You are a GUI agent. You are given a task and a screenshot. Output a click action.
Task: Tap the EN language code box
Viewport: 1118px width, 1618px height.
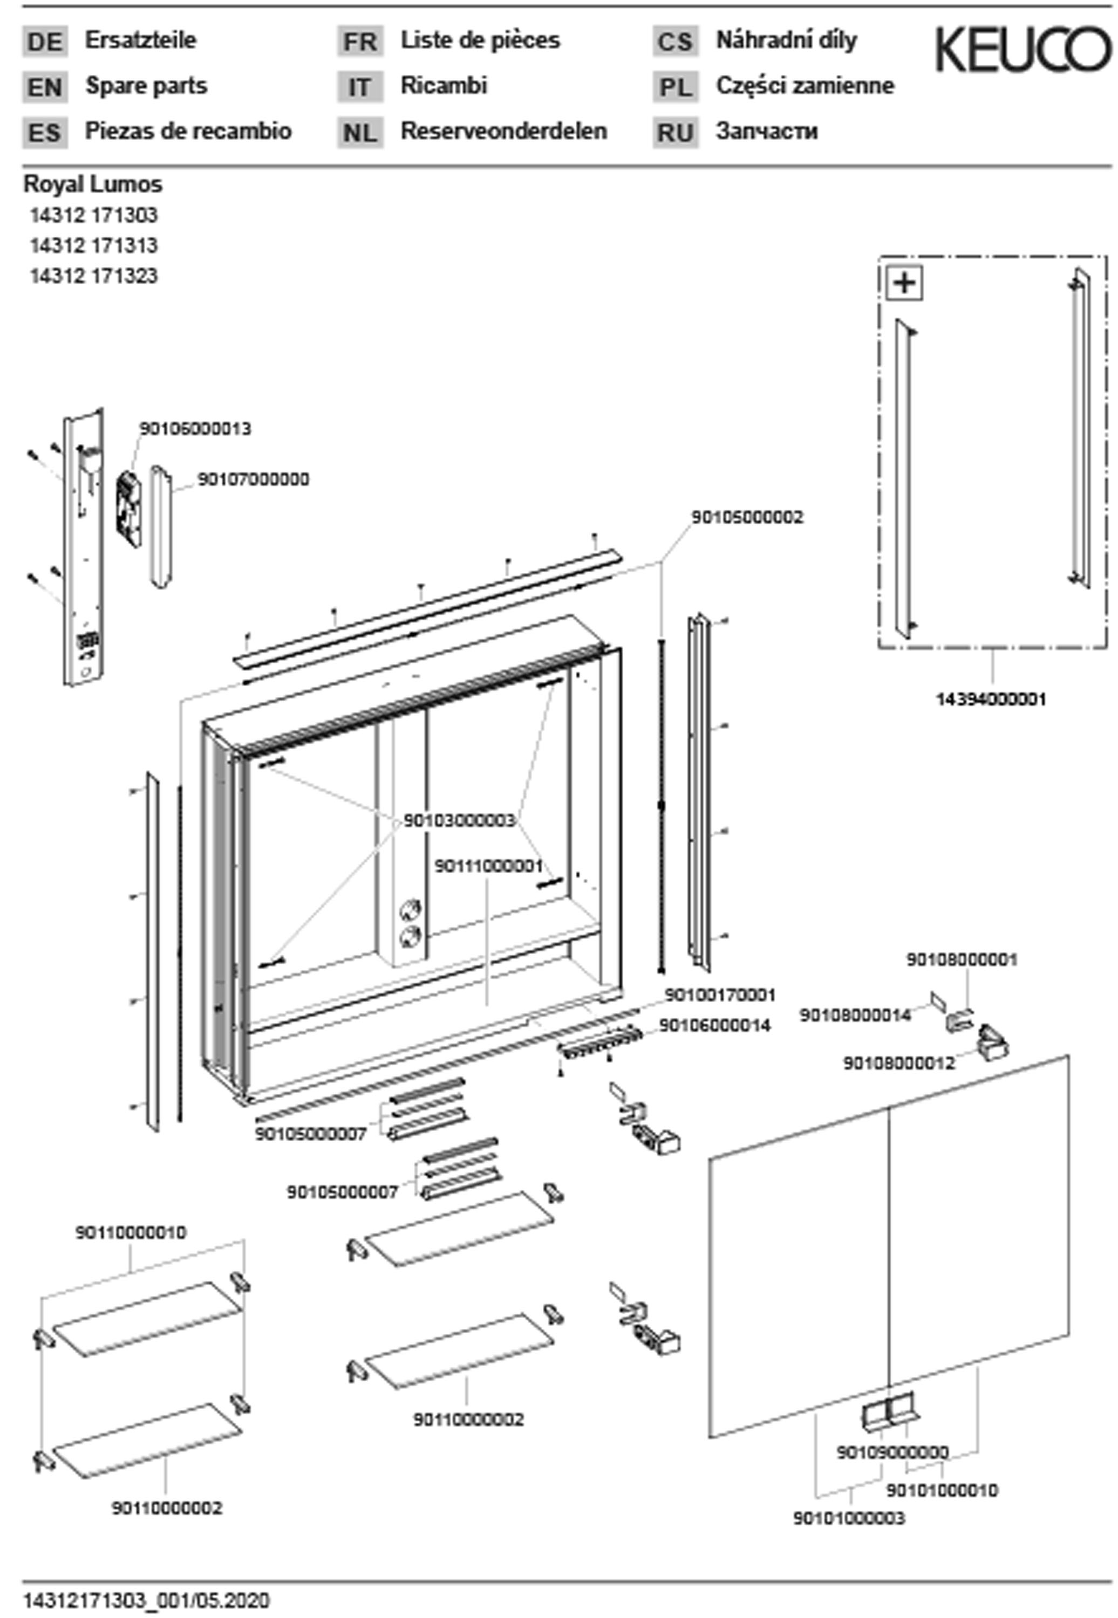coord(45,87)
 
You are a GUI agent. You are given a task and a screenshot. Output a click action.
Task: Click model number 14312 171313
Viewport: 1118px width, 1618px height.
coord(93,245)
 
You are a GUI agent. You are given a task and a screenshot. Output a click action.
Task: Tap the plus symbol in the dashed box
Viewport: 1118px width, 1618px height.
coord(904,283)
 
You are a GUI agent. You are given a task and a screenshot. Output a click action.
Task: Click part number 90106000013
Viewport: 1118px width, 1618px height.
coord(195,428)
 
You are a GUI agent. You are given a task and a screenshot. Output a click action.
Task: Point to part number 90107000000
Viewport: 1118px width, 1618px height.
coord(253,479)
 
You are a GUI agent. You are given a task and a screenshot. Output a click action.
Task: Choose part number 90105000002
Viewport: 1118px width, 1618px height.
coord(747,517)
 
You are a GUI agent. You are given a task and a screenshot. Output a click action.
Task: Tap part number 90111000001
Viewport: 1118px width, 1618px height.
coord(488,866)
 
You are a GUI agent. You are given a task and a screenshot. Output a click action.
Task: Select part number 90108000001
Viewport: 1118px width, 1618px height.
coord(961,959)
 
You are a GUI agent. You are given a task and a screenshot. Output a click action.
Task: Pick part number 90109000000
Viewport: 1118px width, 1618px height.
coord(892,1453)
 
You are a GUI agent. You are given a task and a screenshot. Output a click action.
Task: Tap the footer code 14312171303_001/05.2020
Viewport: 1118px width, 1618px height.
coord(146,1601)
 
